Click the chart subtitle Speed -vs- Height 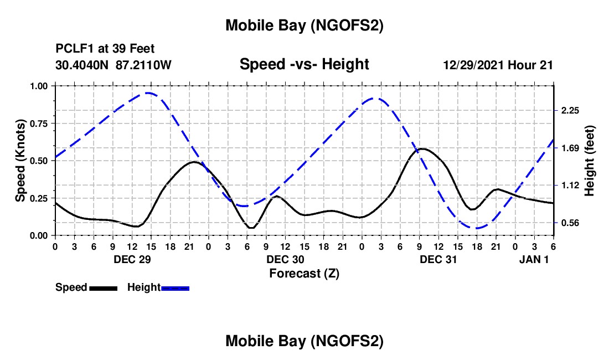click(304, 64)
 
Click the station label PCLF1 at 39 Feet click(105, 48)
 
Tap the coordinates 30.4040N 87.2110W click(114, 65)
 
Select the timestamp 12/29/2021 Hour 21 click(498, 65)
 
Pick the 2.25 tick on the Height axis click(570, 111)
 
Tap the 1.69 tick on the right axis click(570, 148)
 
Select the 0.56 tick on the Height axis click(570, 223)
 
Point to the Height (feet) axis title click(590, 161)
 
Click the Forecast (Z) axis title click(304, 273)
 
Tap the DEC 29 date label click(132, 259)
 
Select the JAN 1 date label click(534, 259)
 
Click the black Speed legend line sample click(103, 288)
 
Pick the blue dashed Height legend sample click(175, 288)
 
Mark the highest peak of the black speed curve click(422, 148)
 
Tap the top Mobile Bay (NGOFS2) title click(304, 25)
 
